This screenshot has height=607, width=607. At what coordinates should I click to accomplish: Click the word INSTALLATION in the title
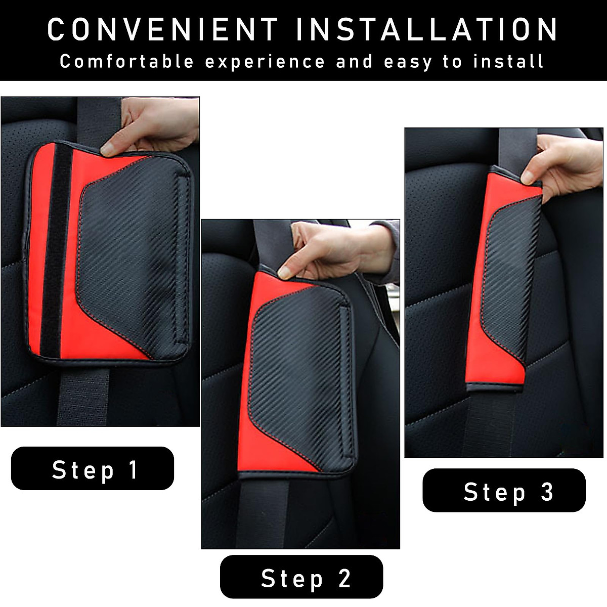point(426,29)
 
